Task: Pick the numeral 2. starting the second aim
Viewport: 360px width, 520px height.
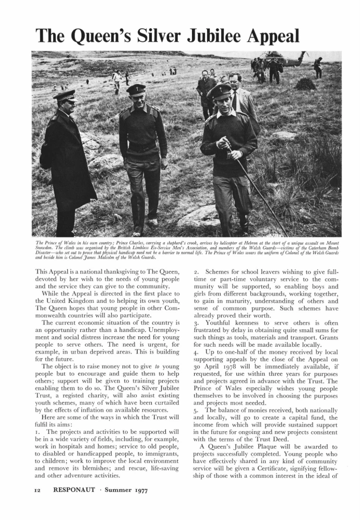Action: [189, 273]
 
